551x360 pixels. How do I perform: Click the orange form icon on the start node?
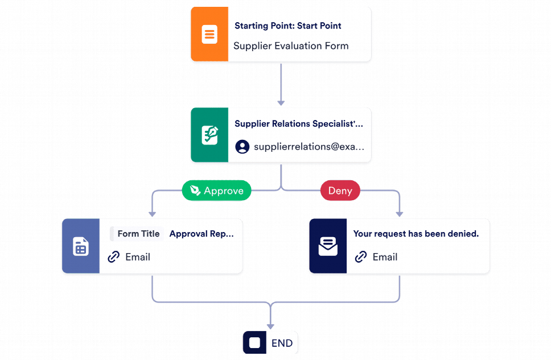pyautogui.click(x=209, y=34)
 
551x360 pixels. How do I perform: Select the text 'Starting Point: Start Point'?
pyautogui.click(x=287, y=26)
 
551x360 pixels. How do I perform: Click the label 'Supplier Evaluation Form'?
pyautogui.click(x=291, y=46)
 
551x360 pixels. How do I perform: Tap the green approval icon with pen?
pyautogui.click(x=209, y=135)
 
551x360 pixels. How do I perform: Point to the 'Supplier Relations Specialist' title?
pyautogui.click(x=298, y=123)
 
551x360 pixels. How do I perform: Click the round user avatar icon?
pyautogui.click(x=242, y=147)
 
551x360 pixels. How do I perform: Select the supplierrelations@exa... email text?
pyautogui.click(x=308, y=147)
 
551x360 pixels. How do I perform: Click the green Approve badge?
pyautogui.click(x=216, y=191)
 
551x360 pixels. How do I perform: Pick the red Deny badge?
pyautogui.click(x=340, y=191)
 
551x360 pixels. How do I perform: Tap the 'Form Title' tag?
pyautogui.click(x=138, y=234)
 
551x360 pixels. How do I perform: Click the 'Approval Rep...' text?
pyautogui.click(x=202, y=234)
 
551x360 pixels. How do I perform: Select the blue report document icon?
pyautogui.click(x=80, y=246)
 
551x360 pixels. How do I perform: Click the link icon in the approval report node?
pyautogui.click(x=114, y=257)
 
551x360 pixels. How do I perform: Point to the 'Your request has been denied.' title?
pyautogui.click(x=416, y=234)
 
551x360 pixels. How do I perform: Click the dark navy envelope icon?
pyautogui.click(x=327, y=246)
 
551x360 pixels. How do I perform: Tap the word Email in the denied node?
pyautogui.click(x=385, y=257)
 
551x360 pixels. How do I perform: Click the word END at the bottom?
pyautogui.click(x=282, y=343)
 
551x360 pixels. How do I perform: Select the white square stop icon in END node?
pyautogui.click(x=254, y=343)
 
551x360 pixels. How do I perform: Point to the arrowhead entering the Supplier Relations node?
pyautogui.click(x=281, y=102)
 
